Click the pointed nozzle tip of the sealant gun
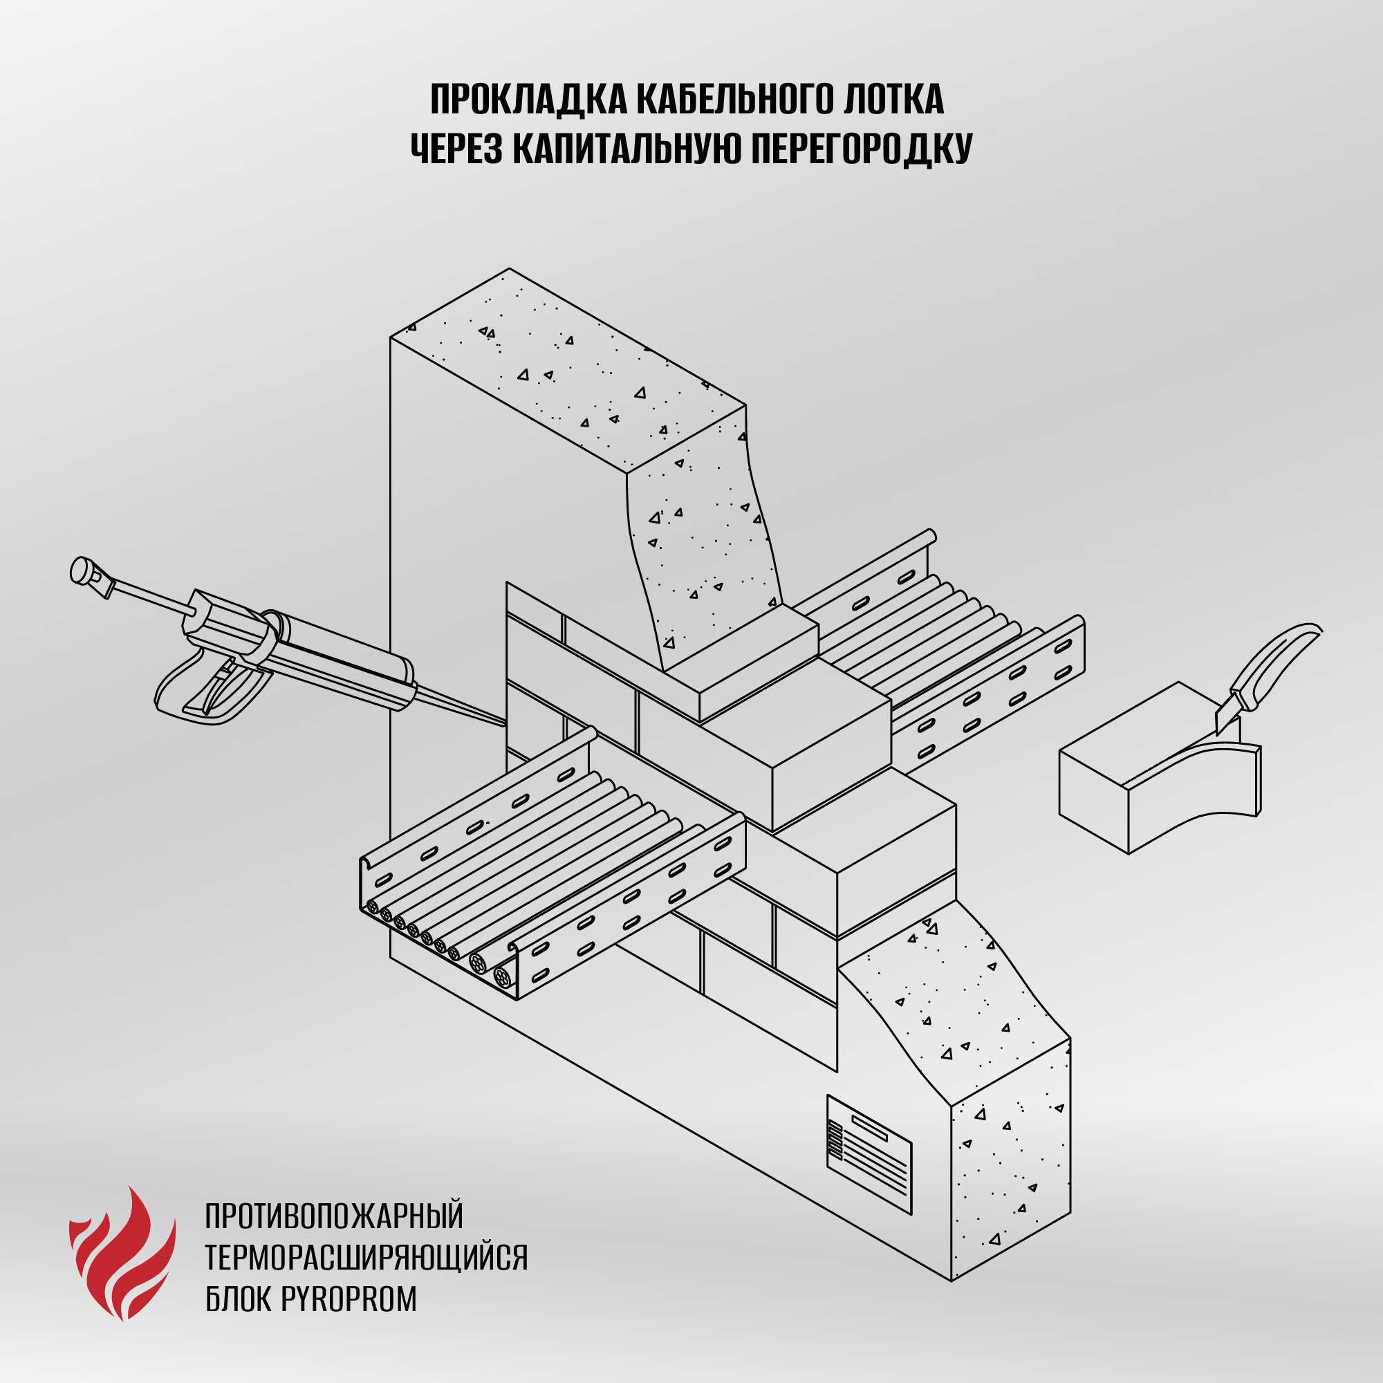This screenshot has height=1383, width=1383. click(x=504, y=724)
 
